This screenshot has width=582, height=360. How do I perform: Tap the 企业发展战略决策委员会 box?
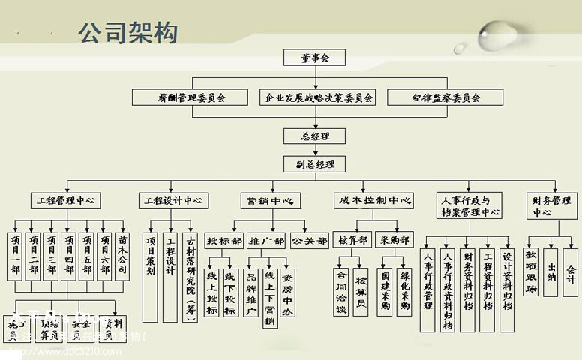tap(319, 97)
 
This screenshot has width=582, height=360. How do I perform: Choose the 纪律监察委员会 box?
tap(446, 97)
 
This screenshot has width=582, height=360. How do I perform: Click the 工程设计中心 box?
tap(173, 201)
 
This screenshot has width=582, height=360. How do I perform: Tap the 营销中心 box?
tap(271, 201)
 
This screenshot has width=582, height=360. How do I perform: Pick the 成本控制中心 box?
tap(374, 201)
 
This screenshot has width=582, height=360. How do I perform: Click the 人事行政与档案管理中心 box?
tap(469, 206)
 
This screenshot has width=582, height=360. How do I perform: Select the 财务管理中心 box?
tap(552, 206)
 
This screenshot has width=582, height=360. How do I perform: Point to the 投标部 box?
tap(224, 241)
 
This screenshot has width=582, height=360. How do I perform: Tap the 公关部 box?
tap(309, 241)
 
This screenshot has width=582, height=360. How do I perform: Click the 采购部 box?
tap(394, 240)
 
